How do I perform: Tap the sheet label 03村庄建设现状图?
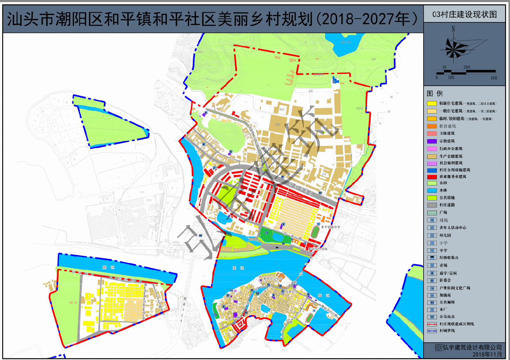465,14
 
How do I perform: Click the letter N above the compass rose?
453,29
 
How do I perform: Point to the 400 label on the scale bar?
494,78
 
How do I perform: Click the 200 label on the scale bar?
467,67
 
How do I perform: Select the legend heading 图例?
435,93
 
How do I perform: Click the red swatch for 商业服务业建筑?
432,177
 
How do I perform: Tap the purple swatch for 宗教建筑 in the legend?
432,141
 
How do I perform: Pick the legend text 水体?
443,190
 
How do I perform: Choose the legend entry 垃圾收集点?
449,257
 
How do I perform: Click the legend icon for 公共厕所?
432,302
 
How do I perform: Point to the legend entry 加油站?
445,295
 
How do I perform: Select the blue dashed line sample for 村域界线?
432,331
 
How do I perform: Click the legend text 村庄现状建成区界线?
456,324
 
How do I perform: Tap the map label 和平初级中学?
331,227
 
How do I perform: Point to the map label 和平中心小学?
273,279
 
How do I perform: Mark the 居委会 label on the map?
290,291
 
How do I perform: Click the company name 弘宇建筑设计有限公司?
472,347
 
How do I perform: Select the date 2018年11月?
487,354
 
